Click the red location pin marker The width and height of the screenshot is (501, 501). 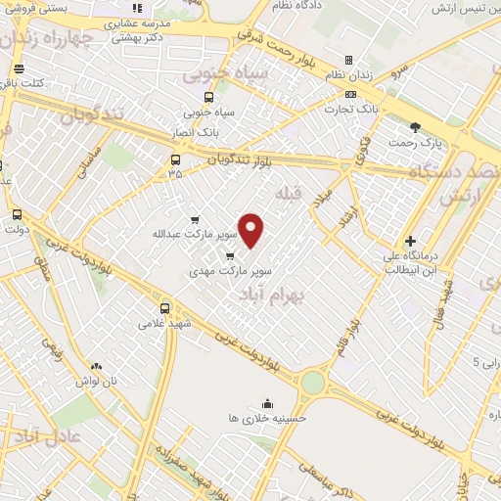(252, 231)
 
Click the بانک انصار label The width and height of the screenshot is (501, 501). (218, 129)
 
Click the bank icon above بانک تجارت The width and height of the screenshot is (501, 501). (350, 94)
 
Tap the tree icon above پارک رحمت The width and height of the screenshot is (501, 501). (415, 127)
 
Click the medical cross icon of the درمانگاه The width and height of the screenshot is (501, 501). (409, 241)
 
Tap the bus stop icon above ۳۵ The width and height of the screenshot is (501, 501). (176, 160)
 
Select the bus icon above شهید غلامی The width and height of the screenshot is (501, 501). (163, 307)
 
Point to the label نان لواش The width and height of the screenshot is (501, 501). (99, 380)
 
